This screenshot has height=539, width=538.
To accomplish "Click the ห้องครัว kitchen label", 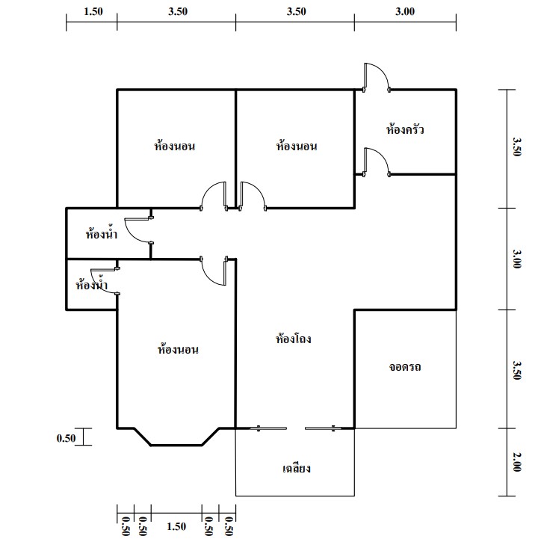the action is tap(405, 129).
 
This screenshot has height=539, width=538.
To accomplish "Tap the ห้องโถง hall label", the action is tap(294, 339).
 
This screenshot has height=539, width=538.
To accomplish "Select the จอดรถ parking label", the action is tap(405, 367).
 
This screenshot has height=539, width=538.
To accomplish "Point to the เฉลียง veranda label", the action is tap(297, 468).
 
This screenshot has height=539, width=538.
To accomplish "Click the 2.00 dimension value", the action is tap(516, 462).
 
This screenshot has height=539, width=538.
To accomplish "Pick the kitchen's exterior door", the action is tap(377, 78).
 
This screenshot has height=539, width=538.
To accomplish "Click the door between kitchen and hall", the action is tap(377, 162).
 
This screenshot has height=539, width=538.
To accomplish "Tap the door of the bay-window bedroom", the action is tap(214, 271).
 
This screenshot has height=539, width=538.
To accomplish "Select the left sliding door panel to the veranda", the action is tap(268, 428).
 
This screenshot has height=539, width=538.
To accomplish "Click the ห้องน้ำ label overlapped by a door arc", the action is tap(91, 284).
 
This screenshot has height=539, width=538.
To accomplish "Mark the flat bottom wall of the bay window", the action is tap(176, 445).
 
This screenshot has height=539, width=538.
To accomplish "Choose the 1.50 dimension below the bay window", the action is tap(176, 526).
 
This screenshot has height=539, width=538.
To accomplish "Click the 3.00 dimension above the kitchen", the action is tap(405, 11).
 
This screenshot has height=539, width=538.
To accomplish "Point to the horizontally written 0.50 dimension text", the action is tap(66, 438).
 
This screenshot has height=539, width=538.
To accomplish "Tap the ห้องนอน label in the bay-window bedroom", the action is tap(178, 350).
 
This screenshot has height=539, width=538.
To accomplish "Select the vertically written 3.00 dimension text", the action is tap(516, 259).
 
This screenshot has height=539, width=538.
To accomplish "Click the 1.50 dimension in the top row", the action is tap(93, 11).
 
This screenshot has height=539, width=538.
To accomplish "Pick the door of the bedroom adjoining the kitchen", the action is tap(253, 196).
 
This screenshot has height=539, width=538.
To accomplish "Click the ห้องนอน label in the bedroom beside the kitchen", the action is tap(297, 146).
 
